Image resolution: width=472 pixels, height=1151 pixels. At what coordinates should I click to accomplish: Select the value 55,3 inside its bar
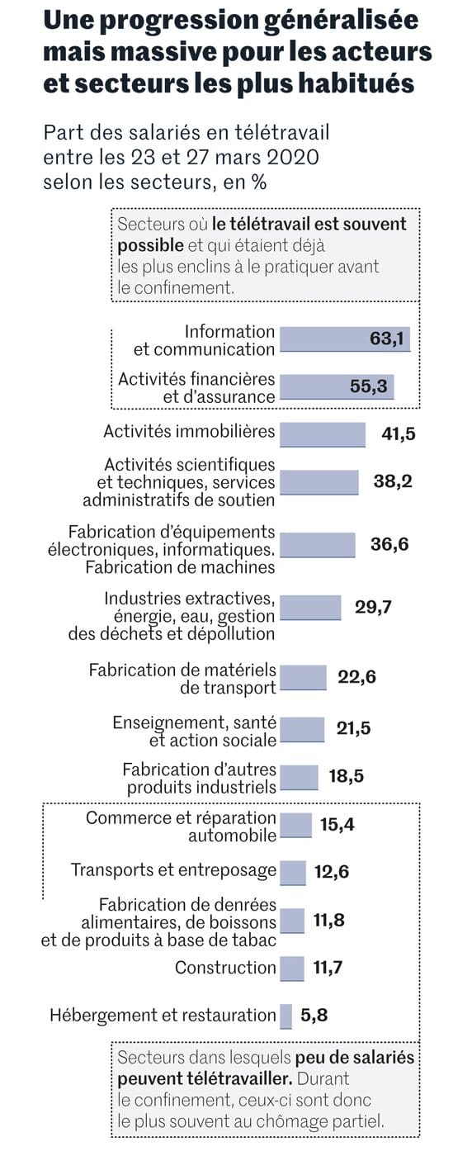click(x=368, y=386)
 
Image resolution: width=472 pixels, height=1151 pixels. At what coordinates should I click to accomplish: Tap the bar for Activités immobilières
click(x=323, y=434)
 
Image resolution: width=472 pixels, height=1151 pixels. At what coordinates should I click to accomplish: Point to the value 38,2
click(x=393, y=482)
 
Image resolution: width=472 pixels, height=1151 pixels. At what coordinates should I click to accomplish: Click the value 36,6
click(x=389, y=544)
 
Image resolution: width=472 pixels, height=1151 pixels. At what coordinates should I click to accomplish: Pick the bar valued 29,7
click(x=310, y=607)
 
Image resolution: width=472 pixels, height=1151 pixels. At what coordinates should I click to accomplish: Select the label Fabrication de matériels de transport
click(x=182, y=679)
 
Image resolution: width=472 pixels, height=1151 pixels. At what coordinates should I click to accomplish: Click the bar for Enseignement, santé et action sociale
click(x=302, y=729)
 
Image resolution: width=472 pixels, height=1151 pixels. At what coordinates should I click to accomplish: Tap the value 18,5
click(x=346, y=776)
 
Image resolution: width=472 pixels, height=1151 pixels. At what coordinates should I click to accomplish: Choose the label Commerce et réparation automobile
click(x=182, y=827)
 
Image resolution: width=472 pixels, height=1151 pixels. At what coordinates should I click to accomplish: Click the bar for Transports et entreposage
click(x=293, y=872)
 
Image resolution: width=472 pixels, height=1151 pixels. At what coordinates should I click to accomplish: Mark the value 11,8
click(x=328, y=920)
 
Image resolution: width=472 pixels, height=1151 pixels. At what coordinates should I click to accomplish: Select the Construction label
click(x=225, y=968)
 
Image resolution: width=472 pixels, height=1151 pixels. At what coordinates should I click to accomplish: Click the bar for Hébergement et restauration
click(x=286, y=1016)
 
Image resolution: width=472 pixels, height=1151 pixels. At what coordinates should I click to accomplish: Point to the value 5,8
click(x=314, y=1016)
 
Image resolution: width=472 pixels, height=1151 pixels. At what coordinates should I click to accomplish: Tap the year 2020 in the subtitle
click(x=295, y=157)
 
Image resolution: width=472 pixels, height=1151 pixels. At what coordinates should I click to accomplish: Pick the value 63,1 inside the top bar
click(x=389, y=339)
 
